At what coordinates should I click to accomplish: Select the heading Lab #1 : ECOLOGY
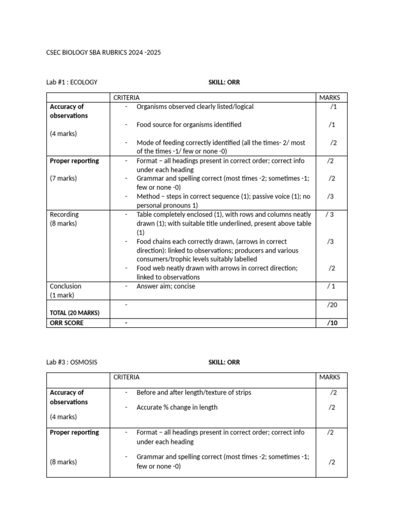pyautogui.click(x=72, y=82)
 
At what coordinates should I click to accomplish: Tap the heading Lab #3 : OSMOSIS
pyautogui.click(x=72, y=362)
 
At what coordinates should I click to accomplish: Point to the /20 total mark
pyautogui.click(x=332, y=305)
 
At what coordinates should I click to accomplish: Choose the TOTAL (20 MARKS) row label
pyautogui.click(x=74, y=313)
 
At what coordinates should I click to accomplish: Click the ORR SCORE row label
pyautogui.click(x=67, y=323)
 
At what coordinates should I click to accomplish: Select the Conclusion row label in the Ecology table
pyautogui.click(x=65, y=286)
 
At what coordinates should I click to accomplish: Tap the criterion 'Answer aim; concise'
pyautogui.click(x=166, y=286)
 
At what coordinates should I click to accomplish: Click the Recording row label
pyautogui.click(x=64, y=214)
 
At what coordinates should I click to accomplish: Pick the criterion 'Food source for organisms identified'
pyautogui.click(x=189, y=125)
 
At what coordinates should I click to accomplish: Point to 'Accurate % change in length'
pyautogui.click(x=177, y=407)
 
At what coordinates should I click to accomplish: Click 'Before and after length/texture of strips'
pyautogui.click(x=194, y=392)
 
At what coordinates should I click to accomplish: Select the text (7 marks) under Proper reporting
pyautogui.click(x=63, y=179)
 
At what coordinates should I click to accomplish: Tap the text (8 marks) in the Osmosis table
pyautogui.click(x=63, y=462)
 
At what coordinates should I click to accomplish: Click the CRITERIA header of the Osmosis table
pyautogui.click(x=127, y=377)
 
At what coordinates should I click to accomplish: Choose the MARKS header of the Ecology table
pyautogui.click(x=329, y=98)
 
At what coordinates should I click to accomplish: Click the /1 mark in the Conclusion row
pyautogui.click(x=331, y=286)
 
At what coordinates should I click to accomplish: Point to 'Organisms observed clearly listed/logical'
pyautogui.click(x=195, y=107)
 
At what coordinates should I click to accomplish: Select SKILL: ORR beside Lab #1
pyautogui.click(x=224, y=82)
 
